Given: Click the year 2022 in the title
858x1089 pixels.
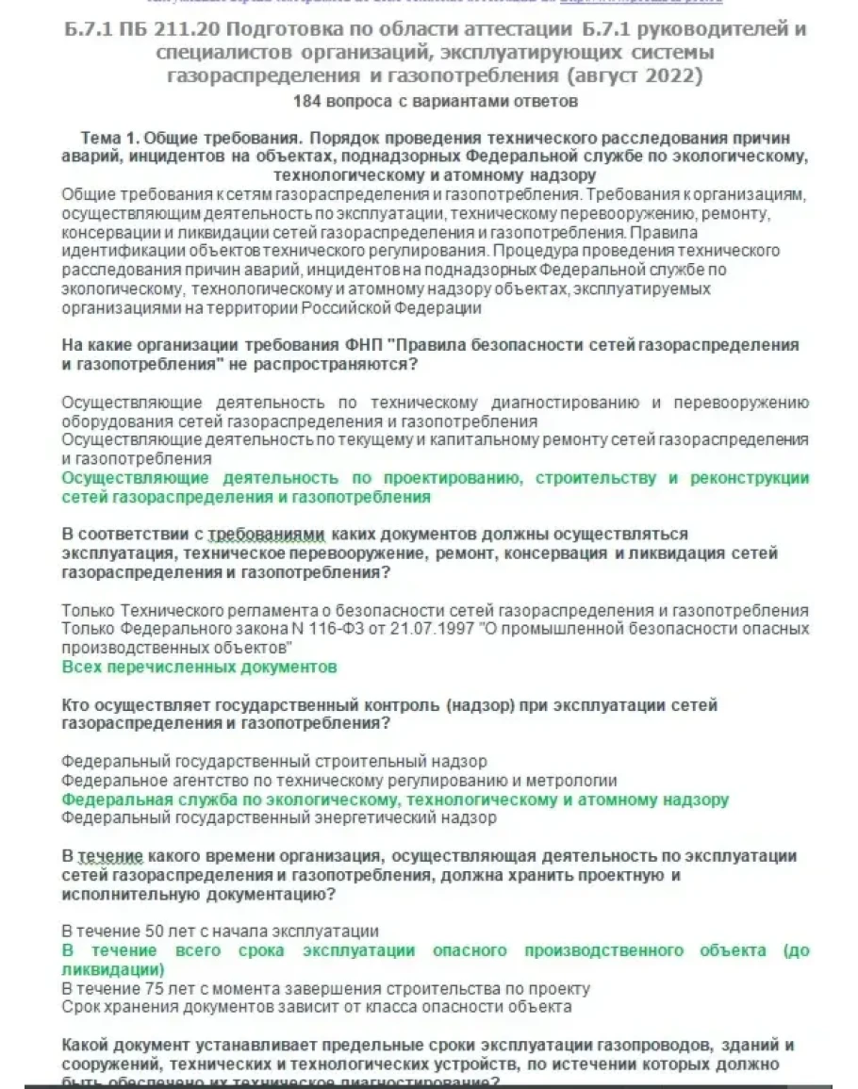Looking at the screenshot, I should pos(677,74).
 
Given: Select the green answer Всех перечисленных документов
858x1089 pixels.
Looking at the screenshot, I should pos(199,667).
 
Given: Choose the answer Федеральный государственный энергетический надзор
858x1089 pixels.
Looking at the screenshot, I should pos(279,818).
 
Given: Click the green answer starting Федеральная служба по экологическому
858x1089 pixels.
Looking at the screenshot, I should pos(395,800).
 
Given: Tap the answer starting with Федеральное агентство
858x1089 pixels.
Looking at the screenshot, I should pos(339,781).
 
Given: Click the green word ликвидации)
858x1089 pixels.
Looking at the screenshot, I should pos(112,969).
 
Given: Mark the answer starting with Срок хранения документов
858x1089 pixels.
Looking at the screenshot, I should pos(316,1007).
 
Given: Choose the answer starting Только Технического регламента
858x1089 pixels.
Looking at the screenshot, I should pos(435,610).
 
